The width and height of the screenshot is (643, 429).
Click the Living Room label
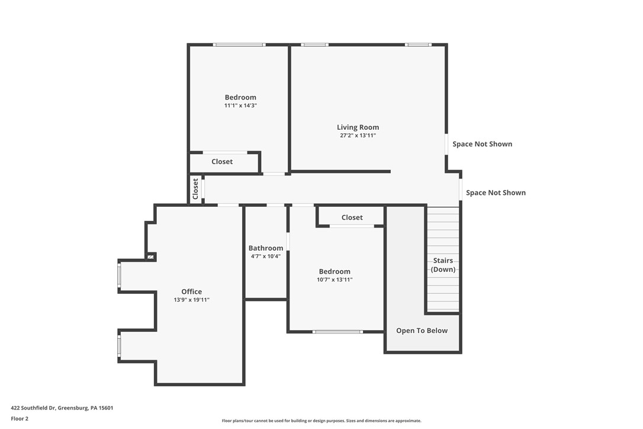tap(358, 127)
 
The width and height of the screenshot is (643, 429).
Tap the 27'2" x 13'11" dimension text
tap(358, 136)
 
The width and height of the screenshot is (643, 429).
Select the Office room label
tap(191, 292)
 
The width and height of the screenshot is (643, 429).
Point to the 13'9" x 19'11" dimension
tap(191, 300)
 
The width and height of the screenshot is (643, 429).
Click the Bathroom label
tap(265, 248)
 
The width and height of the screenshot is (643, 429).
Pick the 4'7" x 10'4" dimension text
tap(265, 257)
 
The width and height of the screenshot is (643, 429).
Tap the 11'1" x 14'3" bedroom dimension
tap(240, 105)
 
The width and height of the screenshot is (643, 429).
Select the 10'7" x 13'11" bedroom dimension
tap(335, 280)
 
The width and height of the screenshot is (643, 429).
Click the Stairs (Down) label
tap(443, 265)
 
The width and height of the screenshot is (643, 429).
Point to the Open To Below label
tap(422, 331)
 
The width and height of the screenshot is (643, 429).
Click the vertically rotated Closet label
tap(195, 189)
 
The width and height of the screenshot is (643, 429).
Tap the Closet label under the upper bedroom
tap(222, 162)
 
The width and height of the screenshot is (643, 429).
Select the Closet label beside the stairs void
tap(352, 217)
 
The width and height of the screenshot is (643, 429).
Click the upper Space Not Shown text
tap(482, 144)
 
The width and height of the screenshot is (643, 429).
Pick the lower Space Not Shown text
tap(496, 193)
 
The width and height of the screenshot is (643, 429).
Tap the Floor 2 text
tap(20, 418)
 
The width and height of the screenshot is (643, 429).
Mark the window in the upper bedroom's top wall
tap(239, 44)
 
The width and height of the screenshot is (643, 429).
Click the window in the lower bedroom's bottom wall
tap(337, 332)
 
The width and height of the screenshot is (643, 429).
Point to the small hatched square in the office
tap(151, 257)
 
